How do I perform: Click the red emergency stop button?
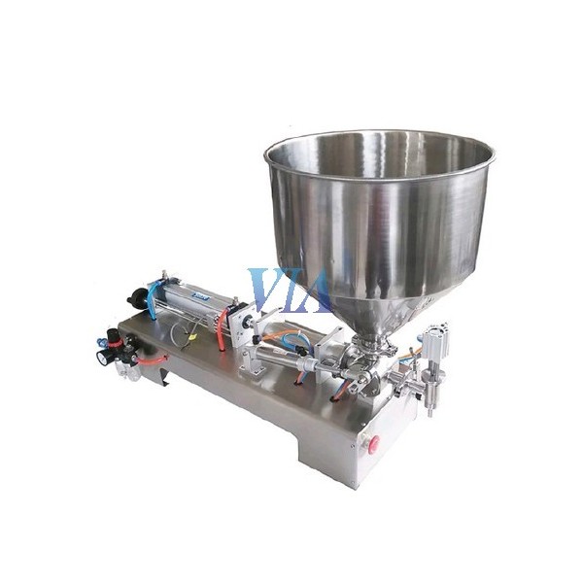click(x=373, y=443)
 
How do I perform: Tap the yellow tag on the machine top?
click(x=192, y=338)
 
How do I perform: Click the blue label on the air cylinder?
click(x=200, y=296)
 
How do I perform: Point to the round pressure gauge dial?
click(x=101, y=357)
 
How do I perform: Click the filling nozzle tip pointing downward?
click(x=430, y=411)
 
